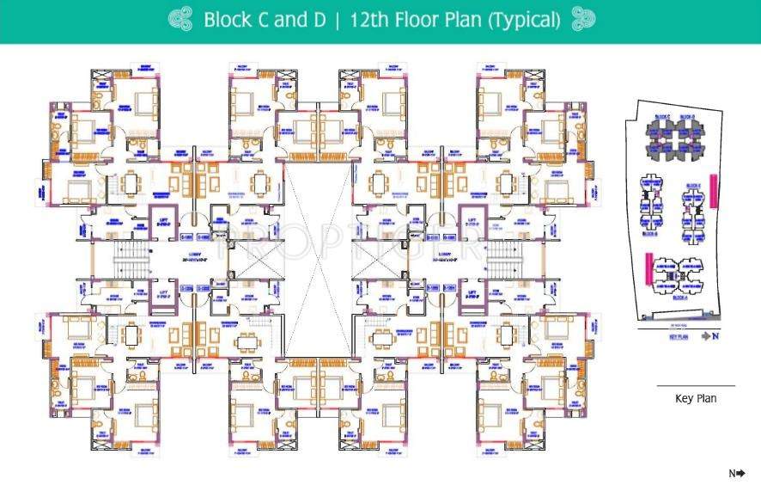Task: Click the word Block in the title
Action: click(x=228, y=20)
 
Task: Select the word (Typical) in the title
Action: click(x=524, y=20)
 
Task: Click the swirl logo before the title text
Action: click(x=180, y=20)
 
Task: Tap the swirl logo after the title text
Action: click(x=582, y=20)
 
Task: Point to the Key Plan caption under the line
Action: click(x=696, y=398)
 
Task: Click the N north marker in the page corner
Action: click(x=735, y=473)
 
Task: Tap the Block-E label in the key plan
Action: click(x=694, y=186)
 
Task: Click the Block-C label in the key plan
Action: click(x=662, y=116)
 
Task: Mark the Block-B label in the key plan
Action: click(x=652, y=232)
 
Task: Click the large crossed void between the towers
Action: click(x=318, y=258)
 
